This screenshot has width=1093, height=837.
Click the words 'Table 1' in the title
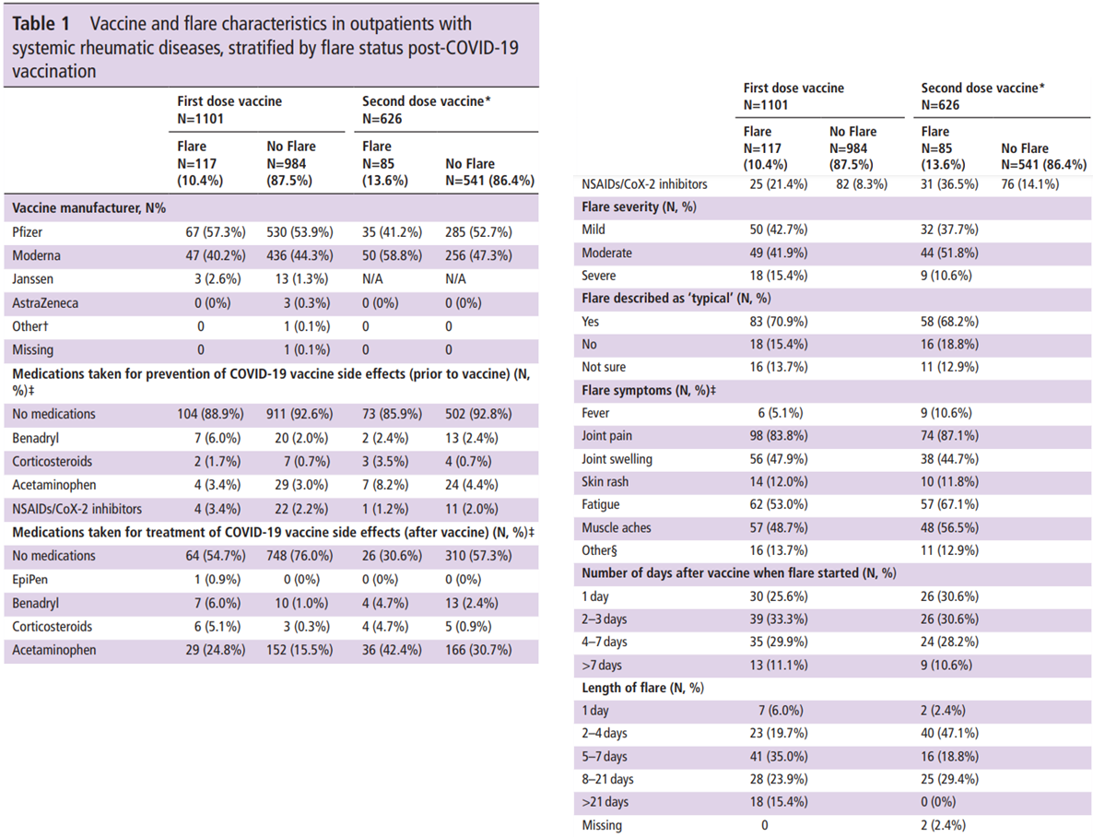click(x=41, y=24)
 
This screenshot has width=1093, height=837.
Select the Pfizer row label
click(x=27, y=232)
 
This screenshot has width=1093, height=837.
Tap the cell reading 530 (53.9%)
click(x=300, y=232)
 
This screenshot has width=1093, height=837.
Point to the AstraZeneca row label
click(x=45, y=303)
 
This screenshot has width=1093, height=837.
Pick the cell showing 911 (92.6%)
click(x=300, y=414)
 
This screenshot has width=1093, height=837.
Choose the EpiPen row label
click(x=30, y=580)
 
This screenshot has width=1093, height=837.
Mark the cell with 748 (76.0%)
click(x=300, y=556)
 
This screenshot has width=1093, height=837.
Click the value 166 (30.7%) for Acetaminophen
click(x=479, y=650)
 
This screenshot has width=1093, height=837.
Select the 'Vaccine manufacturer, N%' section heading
click(x=89, y=208)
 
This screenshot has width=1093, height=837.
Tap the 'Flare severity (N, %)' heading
click(x=640, y=207)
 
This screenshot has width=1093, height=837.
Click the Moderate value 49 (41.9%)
click(x=779, y=253)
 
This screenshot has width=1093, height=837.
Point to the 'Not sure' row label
click(x=604, y=367)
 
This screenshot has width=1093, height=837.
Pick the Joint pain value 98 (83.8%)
click(x=779, y=436)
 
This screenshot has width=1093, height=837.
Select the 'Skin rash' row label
click(x=605, y=482)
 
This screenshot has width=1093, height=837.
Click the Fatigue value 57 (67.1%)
click(x=949, y=504)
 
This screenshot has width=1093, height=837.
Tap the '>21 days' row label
click(x=605, y=802)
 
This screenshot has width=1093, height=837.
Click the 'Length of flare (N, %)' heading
click(x=642, y=688)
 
